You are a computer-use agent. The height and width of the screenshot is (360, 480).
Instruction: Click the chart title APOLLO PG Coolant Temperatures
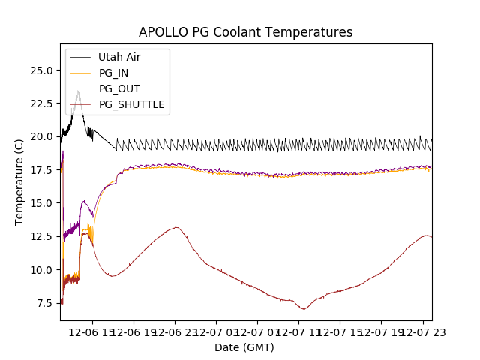(x=245, y=32)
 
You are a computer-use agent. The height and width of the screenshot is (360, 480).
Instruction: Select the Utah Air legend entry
(x=119, y=57)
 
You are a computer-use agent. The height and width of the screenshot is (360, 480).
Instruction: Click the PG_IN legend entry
(x=113, y=73)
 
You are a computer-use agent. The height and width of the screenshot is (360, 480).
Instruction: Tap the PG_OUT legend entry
(x=118, y=88)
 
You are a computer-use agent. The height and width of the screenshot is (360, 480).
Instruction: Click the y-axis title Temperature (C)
(x=19, y=181)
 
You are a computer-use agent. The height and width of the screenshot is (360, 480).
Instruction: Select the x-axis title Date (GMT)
(x=244, y=347)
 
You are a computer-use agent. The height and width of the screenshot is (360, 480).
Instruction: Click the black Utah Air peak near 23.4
(x=79, y=91)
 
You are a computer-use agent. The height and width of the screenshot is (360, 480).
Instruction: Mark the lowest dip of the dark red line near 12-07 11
(x=304, y=309)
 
